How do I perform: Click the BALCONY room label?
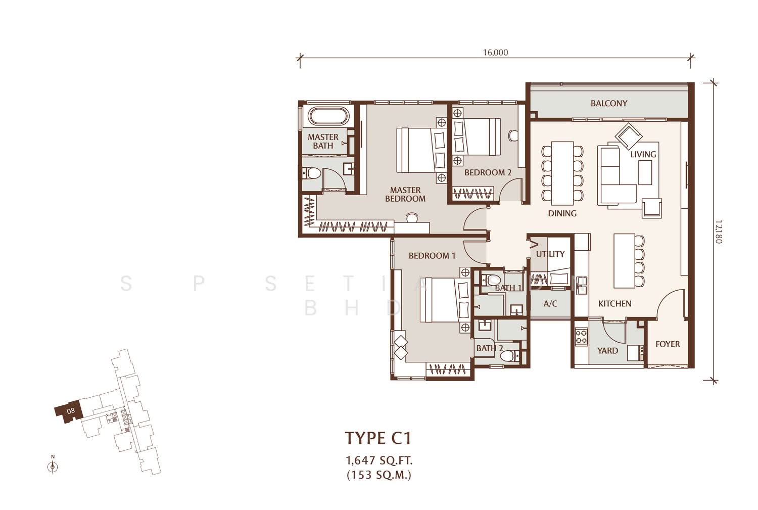coord(609,103)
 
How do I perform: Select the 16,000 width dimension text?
coord(495,53)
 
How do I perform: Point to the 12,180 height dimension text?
coord(719,232)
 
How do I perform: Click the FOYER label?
coord(668,344)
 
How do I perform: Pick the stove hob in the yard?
coord(581,337)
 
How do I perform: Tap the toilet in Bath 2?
coord(510,356)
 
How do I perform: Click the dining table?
coord(562,173)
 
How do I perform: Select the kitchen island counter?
coord(624,261)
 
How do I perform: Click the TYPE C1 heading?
coord(378,438)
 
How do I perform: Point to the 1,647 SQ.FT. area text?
coord(379,460)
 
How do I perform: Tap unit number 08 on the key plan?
coord(70,411)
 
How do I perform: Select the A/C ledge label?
coord(550,304)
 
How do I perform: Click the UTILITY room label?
coord(550,254)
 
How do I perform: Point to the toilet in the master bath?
coord(312,173)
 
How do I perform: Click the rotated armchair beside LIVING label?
coord(629,136)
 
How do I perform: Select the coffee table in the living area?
coord(645,172)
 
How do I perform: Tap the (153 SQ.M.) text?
coord(379,475)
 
